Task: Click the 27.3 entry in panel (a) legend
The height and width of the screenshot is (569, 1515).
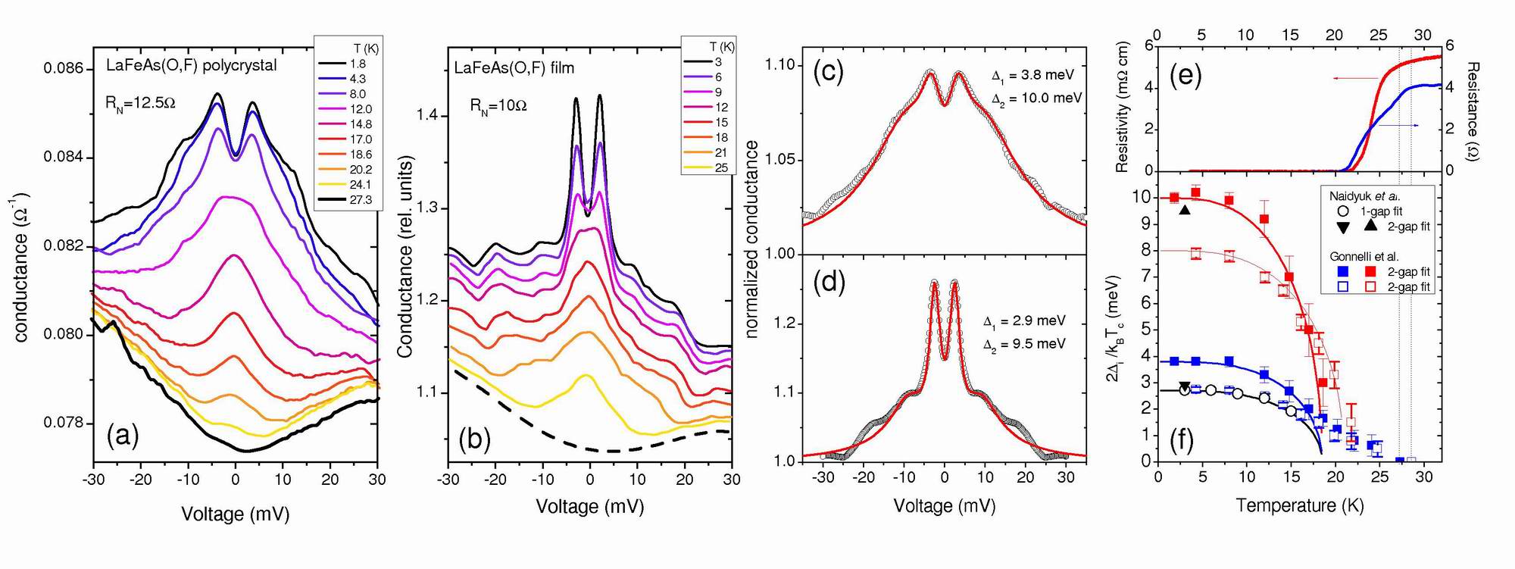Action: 361,199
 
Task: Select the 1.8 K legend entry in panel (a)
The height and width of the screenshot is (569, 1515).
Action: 358,64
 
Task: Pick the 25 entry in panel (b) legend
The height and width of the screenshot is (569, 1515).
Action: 721,167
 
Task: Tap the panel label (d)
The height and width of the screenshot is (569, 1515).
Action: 829,281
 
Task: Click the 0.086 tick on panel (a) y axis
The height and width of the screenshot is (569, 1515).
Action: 64,69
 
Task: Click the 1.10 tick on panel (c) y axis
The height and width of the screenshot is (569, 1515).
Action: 780,65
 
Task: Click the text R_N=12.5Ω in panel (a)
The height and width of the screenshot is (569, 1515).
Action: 140,103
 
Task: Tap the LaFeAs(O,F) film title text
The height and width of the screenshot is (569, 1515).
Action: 514,68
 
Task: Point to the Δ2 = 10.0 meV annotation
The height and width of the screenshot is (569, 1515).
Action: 1036,98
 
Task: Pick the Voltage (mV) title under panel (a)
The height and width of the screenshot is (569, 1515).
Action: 235,514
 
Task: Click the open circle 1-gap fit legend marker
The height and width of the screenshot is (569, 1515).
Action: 1342,211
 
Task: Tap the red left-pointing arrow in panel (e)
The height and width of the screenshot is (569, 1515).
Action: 1356,78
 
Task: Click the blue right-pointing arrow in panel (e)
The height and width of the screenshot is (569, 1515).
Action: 1397,125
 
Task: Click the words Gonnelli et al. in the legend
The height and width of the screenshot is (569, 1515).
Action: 1364,257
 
